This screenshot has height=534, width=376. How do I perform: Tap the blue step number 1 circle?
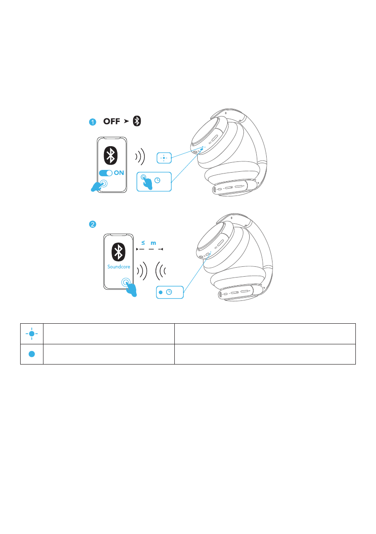pos(92,122)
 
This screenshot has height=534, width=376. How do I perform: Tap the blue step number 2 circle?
pos(92,225)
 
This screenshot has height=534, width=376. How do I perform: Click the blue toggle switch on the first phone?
pos(105,173)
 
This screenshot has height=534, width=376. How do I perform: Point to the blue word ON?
pos(119,173)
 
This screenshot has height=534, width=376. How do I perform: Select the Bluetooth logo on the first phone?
pos(110,155)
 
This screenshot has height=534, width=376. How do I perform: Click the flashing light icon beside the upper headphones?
pos(164,158)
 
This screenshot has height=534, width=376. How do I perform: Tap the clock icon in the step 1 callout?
pos(157,180)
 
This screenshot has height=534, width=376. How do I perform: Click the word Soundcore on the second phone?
pos(118,266)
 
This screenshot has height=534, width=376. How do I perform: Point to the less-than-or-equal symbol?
pos(143,243)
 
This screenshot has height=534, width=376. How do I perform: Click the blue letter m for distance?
pos(153,243)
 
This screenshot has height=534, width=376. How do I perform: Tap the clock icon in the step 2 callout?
pos(169,292)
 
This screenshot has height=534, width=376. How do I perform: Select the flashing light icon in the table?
pos(32,334)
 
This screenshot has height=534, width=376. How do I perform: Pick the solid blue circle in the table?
pos(32,353)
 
